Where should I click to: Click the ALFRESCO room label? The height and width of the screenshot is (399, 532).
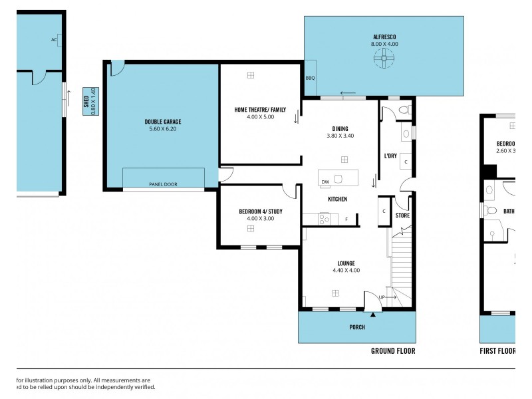pyautogui.click(x=384, y=37)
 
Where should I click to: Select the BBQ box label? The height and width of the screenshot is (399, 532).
pyautogui.click(x=310, y=78)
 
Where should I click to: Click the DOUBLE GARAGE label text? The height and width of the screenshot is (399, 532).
pyautogui.click(x=163, y=122)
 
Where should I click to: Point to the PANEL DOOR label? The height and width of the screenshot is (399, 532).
pyautogui.click(x=163, y=184)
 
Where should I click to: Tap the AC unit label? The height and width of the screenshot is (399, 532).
pyautogui.click(x=55, y=39)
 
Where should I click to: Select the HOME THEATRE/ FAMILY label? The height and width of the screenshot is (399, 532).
pyautogui.click(x=260, y=110)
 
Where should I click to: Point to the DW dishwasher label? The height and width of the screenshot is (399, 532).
pyautogui.click(x=325, y=182)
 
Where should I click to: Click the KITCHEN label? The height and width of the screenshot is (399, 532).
pyautogui.click(x=337, y=199)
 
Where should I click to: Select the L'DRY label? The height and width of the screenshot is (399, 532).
pyautogui.click(x=390, y=156)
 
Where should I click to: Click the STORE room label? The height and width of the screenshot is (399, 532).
pyautogui.click(x=402, y=215)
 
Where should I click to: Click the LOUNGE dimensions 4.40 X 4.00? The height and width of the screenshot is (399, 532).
pyautogui.click(x=346, y=270)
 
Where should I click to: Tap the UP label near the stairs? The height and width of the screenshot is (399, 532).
pyautogui.click(x=382, y=297)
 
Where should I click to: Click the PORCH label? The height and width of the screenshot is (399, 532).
pyautogui.click(x=357, y=327)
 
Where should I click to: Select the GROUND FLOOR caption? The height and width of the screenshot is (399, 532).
pyautogui.click(x=392, y=350)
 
